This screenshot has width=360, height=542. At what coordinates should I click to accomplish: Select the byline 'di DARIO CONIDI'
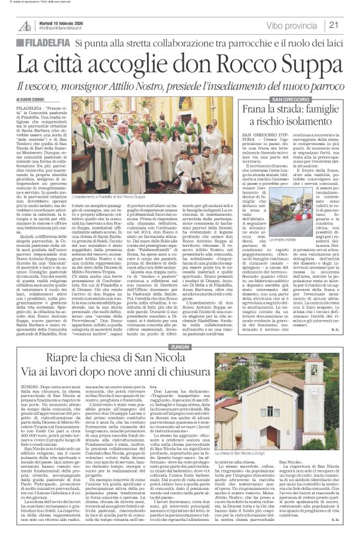pyautogui.click(x=29, y=101)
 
